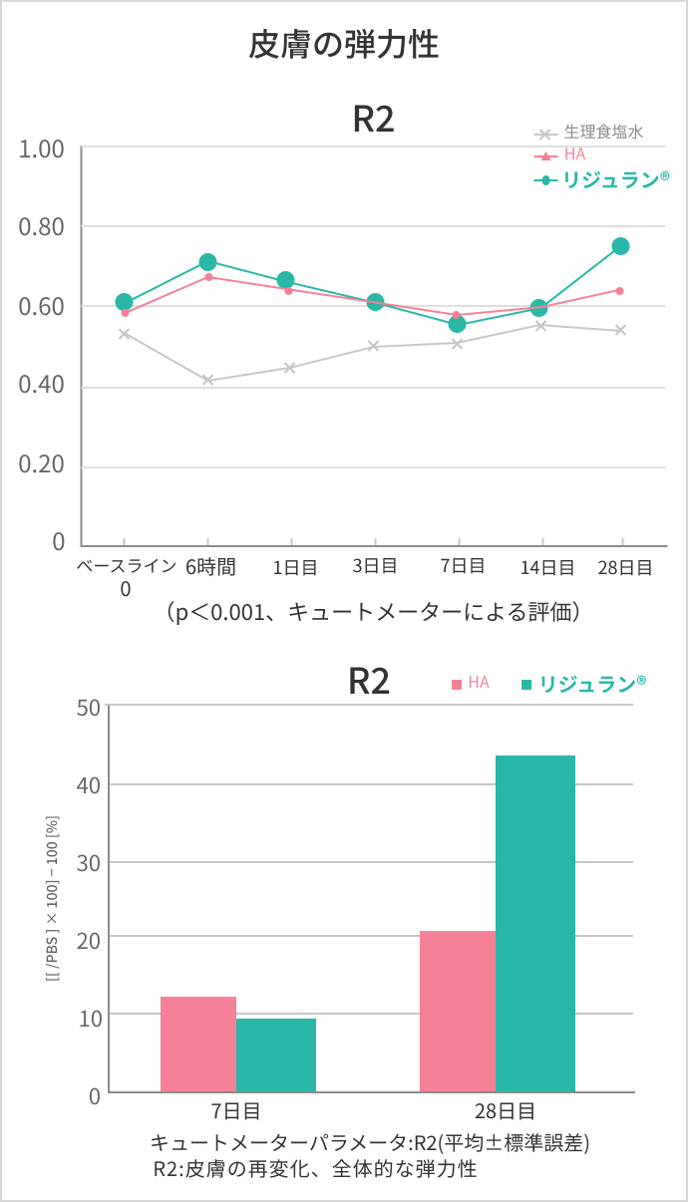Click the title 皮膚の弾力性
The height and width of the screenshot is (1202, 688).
click(x=343, y=45)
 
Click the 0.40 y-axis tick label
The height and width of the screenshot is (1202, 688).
click(x=42, y=387)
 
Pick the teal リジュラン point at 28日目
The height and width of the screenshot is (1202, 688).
click(x=620, y=246)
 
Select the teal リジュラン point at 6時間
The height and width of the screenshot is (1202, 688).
click(x=207, y=262)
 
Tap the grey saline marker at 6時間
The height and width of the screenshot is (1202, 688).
click(x=207, y=380)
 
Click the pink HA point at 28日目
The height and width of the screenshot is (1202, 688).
click(x=619, y=290)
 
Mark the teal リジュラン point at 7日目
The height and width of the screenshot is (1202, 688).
click(x=457, y=324)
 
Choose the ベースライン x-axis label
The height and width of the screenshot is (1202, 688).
click(x=127, y=567)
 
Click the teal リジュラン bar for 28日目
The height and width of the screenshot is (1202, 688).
click(x=535, y=923)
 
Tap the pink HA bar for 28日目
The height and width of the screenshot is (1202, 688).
click(x=458, y=1011)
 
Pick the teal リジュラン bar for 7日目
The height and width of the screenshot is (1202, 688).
click(x=276, y=1054)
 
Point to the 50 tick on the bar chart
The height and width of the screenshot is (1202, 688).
click(x=89, y=707)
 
